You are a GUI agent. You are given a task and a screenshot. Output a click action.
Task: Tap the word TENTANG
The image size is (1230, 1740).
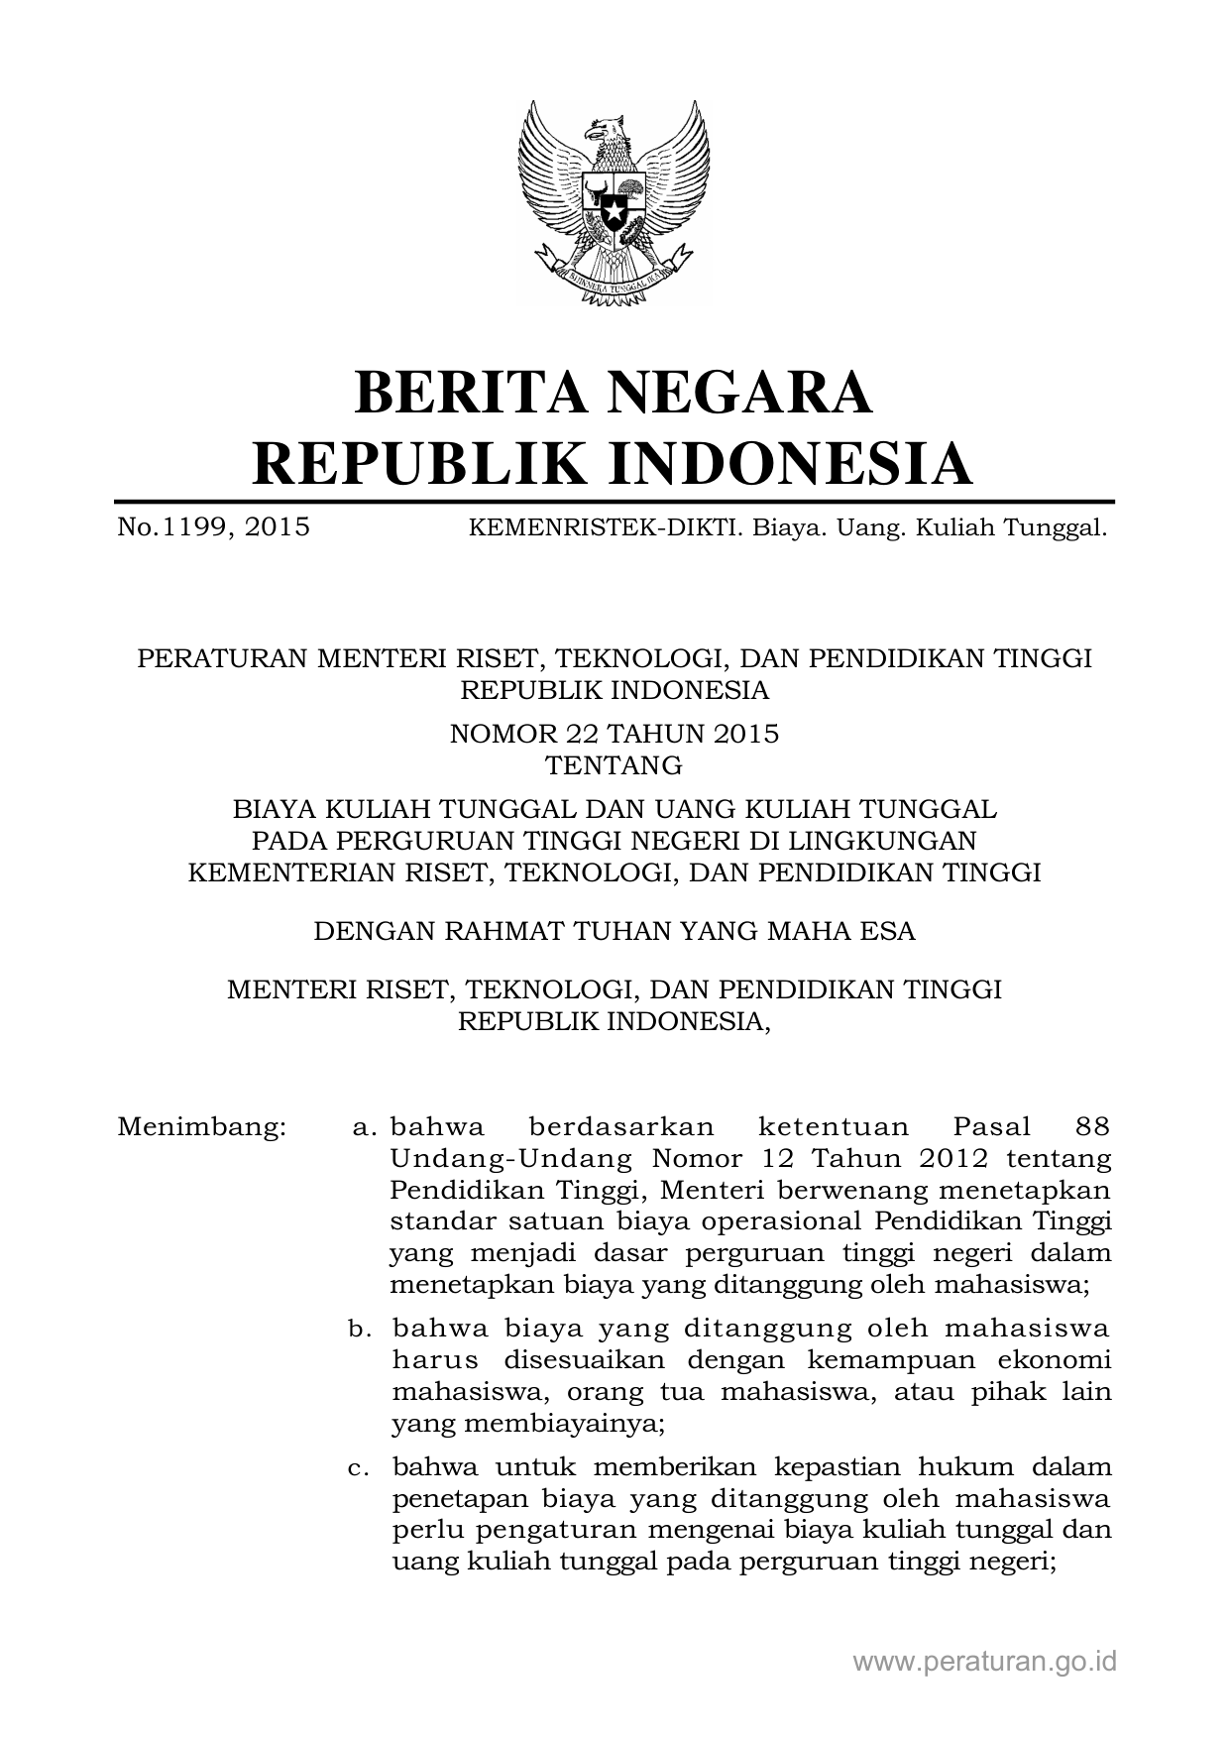tap(615, 765)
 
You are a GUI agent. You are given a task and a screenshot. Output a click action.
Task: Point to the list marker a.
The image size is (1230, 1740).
tap(364, 1127)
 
